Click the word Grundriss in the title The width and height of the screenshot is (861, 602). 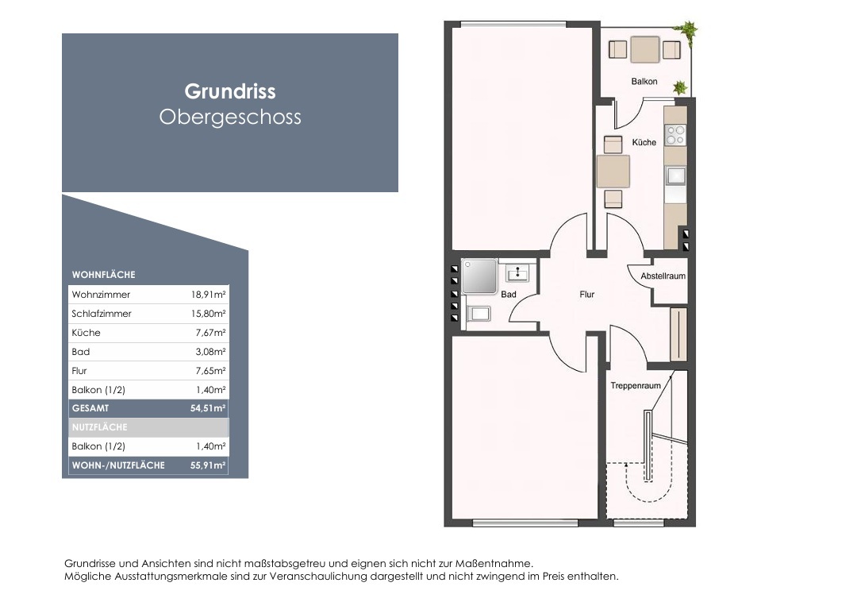pos(230,91)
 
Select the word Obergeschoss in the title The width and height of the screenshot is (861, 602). pos(230,117)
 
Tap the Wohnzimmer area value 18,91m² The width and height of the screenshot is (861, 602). pos(208,294)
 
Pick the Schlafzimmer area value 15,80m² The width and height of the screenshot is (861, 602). pos(208,314)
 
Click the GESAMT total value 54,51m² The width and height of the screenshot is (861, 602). pos(208,408)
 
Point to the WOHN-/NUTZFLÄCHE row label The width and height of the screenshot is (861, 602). pos(118,465)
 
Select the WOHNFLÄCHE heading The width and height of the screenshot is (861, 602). pos(103,274)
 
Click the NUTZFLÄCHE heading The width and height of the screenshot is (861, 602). pos(99,427)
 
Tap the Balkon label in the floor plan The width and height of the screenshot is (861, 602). pos(644,81)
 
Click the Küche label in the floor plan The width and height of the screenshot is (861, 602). pos(644,142)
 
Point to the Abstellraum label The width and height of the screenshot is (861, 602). pos(663,276)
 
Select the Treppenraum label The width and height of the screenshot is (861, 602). pos(636,385)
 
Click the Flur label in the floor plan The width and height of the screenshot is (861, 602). pos(587,294)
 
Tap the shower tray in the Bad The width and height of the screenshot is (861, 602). pos(479,276)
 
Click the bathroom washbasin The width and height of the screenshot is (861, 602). pos(517,272)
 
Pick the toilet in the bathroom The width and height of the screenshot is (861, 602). pos(479,314)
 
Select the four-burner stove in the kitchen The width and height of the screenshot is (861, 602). pos(675,135)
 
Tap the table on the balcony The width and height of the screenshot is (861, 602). pos(644,49)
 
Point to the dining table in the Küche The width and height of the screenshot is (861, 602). pos(613,172)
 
